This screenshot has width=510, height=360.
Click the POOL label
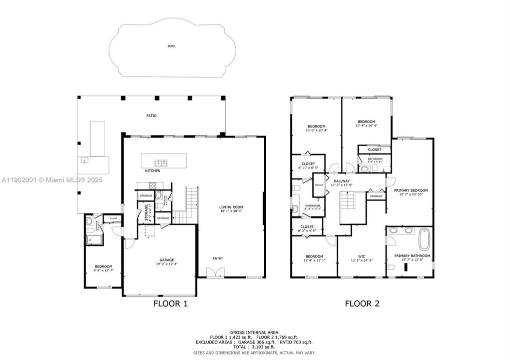click(x=172, y=46)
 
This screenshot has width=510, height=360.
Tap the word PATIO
click(x=151, y=115)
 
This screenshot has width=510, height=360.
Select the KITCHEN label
click(x=152, y=171)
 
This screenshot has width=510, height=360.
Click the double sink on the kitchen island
click(x=161, y=162)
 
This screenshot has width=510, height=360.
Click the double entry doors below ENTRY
click(x=216, y=272)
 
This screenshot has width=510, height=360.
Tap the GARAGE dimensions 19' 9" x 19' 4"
click(x=167, y=264)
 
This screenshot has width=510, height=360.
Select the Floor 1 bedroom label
click(x=104, y=266)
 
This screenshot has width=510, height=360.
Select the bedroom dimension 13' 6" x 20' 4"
click(x=316, y=130)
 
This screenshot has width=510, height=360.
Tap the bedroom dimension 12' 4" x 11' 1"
click(x=315, y=260)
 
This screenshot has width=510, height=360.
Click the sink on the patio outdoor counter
click(x=85, y=160)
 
